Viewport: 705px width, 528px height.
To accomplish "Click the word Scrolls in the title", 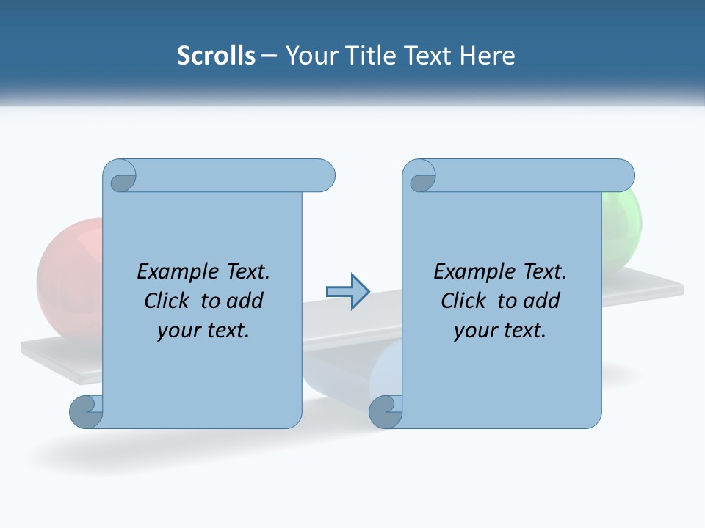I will (x=216, y=56).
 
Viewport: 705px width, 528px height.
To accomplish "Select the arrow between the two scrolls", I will (x=347, y=291).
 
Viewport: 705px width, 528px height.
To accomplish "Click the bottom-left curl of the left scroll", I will (x=87, y=411).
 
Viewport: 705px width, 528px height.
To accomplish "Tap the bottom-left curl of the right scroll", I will (x=386, y=411).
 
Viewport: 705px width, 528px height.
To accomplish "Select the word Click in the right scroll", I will (x=463, y=301).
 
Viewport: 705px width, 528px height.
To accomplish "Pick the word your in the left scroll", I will (x=177, y=331).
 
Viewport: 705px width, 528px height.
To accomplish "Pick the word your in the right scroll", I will (x=474, y=331).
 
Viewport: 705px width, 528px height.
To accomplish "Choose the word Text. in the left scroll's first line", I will (x=242, y=272).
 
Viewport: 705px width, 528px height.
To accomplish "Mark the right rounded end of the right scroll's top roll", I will (x=622, y=176).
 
